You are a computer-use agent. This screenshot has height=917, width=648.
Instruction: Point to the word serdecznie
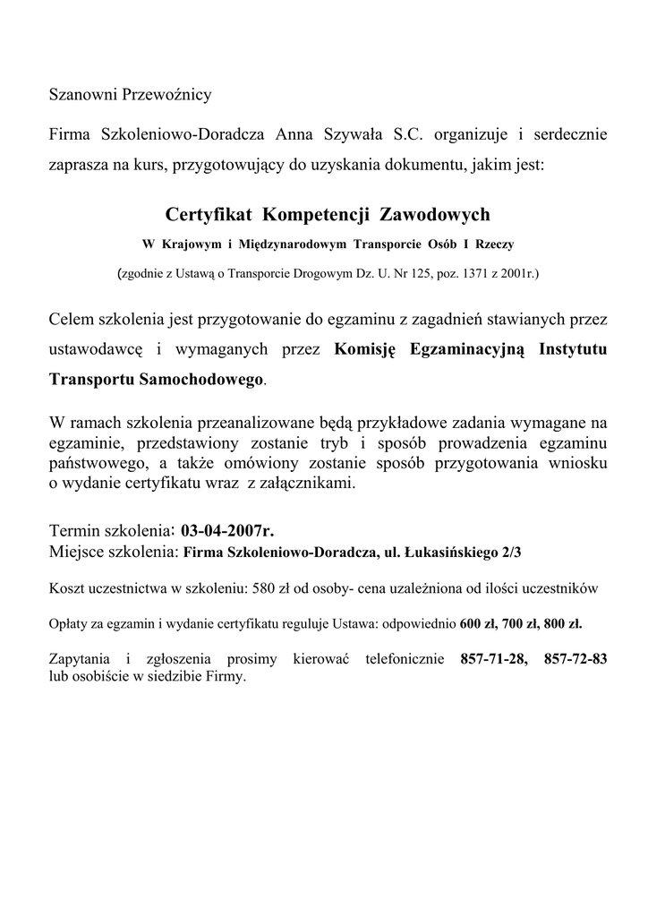click(569, 135)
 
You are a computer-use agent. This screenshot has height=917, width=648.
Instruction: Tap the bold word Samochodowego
click(203, 379)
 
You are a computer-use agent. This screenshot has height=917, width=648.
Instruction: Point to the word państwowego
click(90, 464)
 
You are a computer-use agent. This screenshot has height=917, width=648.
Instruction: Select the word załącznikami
click(307, 484)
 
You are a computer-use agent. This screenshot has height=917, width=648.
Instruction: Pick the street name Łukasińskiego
click(449, 552)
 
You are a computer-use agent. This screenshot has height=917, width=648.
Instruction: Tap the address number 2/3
click(511, 552)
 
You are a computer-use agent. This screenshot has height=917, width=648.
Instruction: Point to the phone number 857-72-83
click(576, 659)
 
